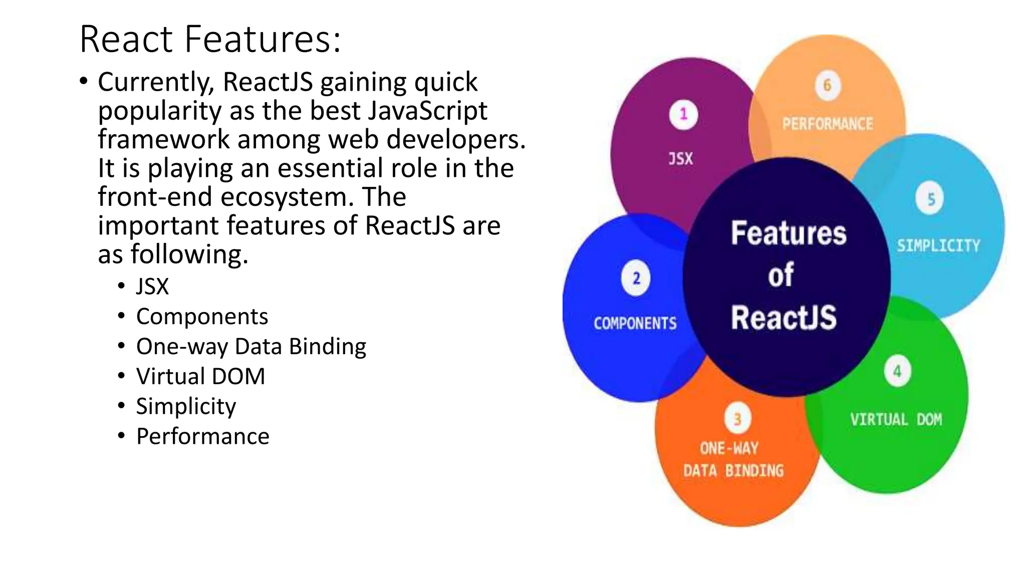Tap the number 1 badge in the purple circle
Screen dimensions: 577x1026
683,115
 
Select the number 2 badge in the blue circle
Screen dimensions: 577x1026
636,278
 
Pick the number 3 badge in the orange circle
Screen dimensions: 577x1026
737,419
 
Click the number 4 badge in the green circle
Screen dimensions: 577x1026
897,371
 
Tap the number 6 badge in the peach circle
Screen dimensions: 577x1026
827,85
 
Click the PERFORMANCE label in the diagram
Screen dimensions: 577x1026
828,124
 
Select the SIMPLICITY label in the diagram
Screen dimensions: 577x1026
938,245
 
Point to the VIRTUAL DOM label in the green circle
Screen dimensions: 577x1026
896,419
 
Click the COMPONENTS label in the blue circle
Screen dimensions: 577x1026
635,323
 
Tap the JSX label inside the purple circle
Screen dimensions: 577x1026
681,159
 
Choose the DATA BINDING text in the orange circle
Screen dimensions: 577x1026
733,471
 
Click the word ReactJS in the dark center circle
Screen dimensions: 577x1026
784,317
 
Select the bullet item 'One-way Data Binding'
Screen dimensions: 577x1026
251,347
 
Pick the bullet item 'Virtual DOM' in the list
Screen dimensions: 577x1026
200,377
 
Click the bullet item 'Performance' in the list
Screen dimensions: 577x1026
203,436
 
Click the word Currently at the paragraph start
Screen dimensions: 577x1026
155,82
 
